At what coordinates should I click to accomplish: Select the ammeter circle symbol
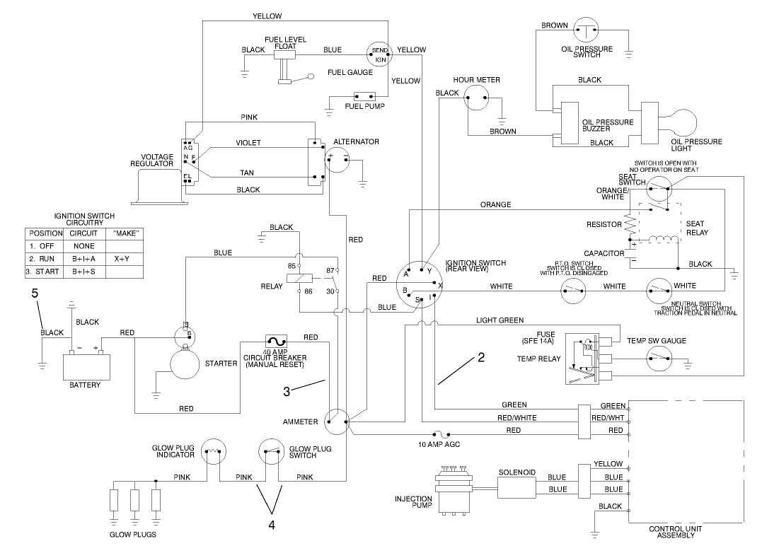coord(337,422)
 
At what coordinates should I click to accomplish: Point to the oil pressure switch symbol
coord(585,30)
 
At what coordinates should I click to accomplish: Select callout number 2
coord(481,357)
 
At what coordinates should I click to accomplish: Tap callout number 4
coord(272,524)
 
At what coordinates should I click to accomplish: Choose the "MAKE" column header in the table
coord(127,233)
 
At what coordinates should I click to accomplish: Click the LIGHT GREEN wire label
coord(500,320)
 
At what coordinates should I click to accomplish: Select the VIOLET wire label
coord(248,143)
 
